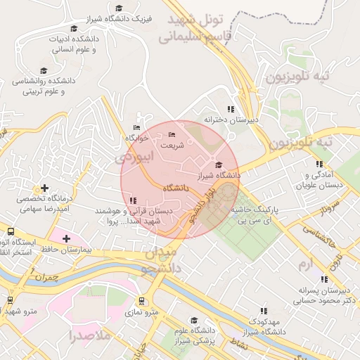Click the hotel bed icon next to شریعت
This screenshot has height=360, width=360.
point(172,135)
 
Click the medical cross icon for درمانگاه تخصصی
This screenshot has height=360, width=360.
point(46,188)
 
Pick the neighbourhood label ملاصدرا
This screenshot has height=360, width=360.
point(91,335)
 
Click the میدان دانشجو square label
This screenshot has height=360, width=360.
point(162,259)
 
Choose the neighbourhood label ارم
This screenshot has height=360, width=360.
point(304,264)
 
